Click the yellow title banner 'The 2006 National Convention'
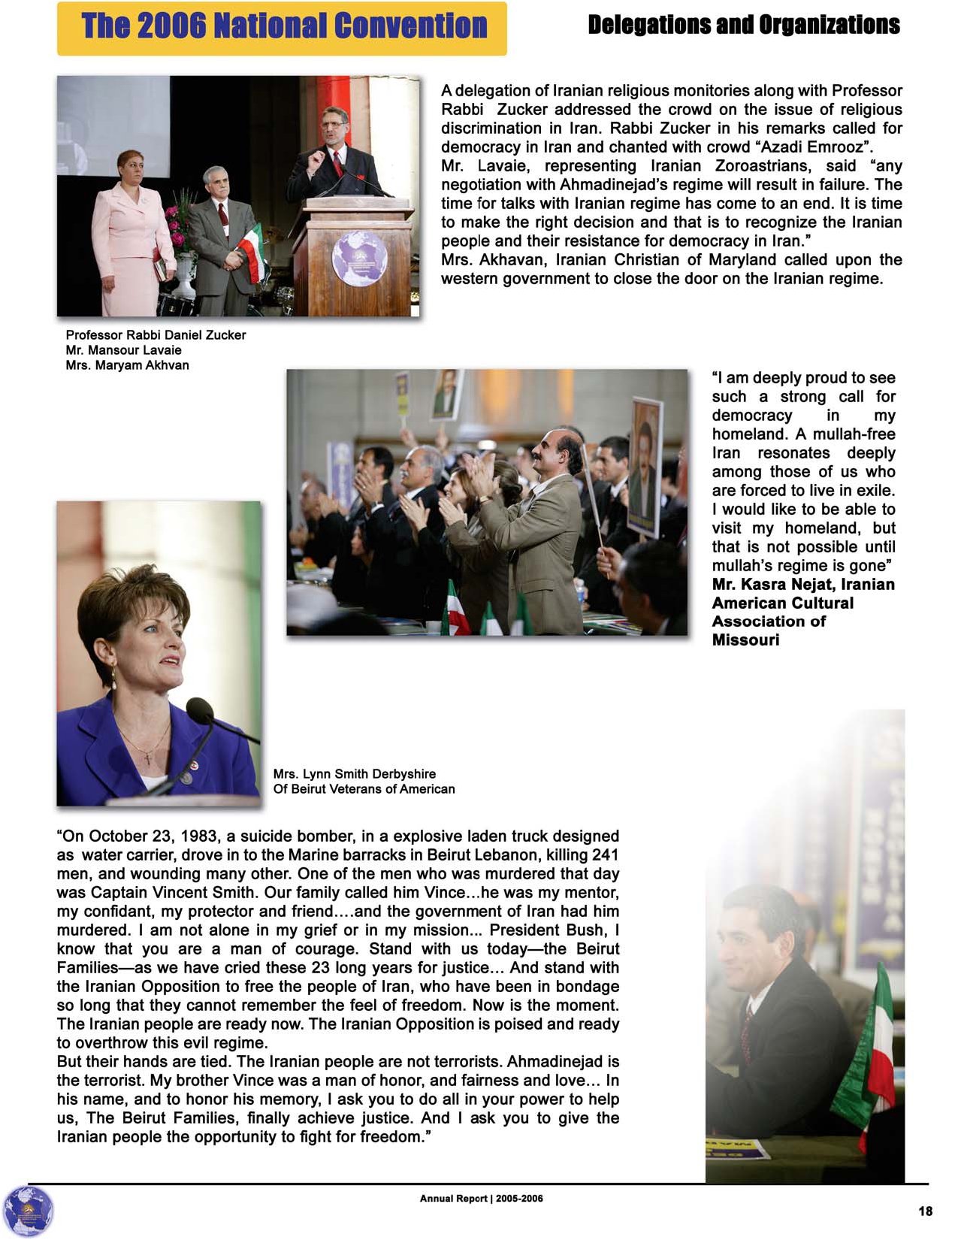click(x=283, y=28)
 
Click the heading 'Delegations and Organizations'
click(x=743, y=25)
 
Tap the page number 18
click(x=925, y=1211)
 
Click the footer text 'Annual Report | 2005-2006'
click(x=481, y=1198)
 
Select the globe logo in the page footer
click(x=29, y=1211)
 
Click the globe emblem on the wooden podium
click(x=359, y=258)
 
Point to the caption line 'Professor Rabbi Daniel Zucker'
click(x=156, y=335)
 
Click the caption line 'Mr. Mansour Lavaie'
click(x=123, y=350)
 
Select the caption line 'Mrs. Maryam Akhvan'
click(x=127, y=365)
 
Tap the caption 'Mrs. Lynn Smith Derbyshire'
click(x=354, y=774)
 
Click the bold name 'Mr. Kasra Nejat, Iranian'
click(x=803, y=585)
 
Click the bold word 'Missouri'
click(x=745, y=640)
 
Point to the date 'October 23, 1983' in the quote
click(x=154, y=836)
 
